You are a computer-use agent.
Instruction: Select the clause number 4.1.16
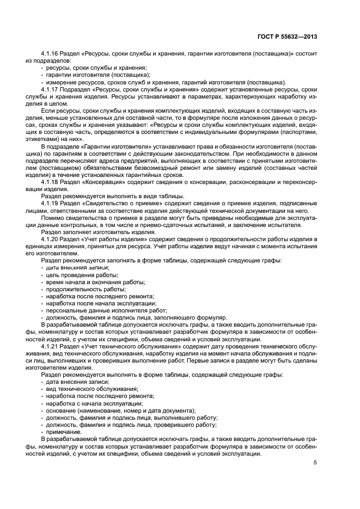point(50,54)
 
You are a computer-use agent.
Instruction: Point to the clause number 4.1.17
point(50,89)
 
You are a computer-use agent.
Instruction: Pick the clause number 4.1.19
point(50,203)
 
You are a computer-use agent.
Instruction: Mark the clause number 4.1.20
point(50,240)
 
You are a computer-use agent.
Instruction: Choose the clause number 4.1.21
point(50,346)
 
